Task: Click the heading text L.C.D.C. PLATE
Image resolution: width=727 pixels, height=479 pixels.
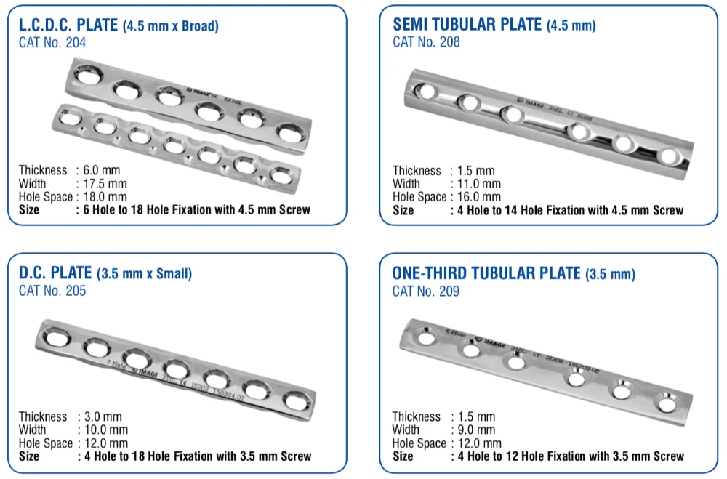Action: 68,25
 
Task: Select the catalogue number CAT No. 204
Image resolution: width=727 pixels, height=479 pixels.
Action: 52,42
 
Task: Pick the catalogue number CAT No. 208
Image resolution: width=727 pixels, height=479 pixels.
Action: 426,41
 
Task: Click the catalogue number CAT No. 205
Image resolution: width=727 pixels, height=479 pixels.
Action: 52,291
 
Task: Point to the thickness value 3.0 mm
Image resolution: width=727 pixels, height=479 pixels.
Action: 102,416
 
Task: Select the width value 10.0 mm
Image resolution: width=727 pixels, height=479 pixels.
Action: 105,430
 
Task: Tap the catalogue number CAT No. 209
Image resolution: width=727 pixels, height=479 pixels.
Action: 426,291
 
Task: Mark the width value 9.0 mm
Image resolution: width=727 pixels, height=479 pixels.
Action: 475,430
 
